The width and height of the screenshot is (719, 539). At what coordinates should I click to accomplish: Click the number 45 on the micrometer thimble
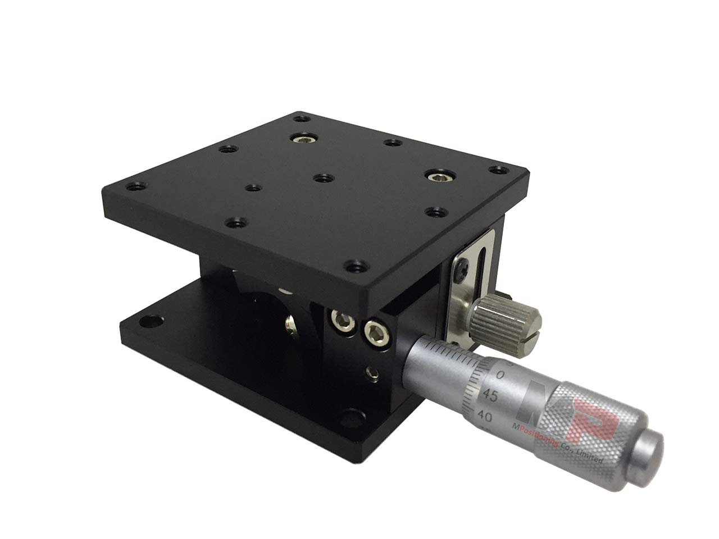[490, 396]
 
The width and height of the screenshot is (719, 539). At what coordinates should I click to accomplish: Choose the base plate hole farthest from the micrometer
[148, 322]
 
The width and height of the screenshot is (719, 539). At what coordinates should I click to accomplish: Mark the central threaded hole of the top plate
[321, 178]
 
